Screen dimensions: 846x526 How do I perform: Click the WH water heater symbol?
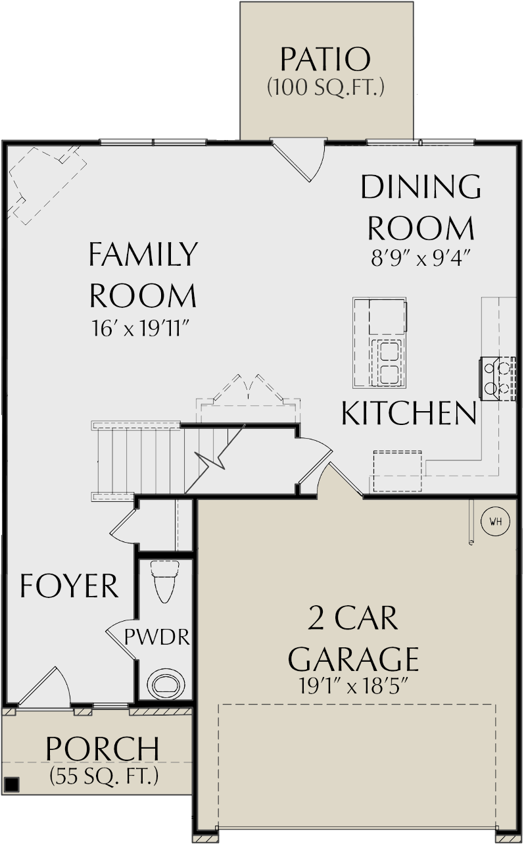pos(496,522)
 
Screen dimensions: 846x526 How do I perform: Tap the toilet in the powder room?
pos(164,581)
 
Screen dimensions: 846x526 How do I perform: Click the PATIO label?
pos(325,59)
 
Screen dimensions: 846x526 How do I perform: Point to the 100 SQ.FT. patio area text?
pos(325,87)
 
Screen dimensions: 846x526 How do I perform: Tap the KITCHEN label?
pos(409,413)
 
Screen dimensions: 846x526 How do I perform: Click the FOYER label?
pos(69,585)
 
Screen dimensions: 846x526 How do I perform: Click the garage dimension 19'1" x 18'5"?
pos(354,687)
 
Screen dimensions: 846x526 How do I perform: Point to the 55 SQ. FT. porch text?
pos(104,777)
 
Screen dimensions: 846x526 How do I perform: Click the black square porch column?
pos(11,784)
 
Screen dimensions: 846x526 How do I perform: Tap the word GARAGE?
pos(354,657)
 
